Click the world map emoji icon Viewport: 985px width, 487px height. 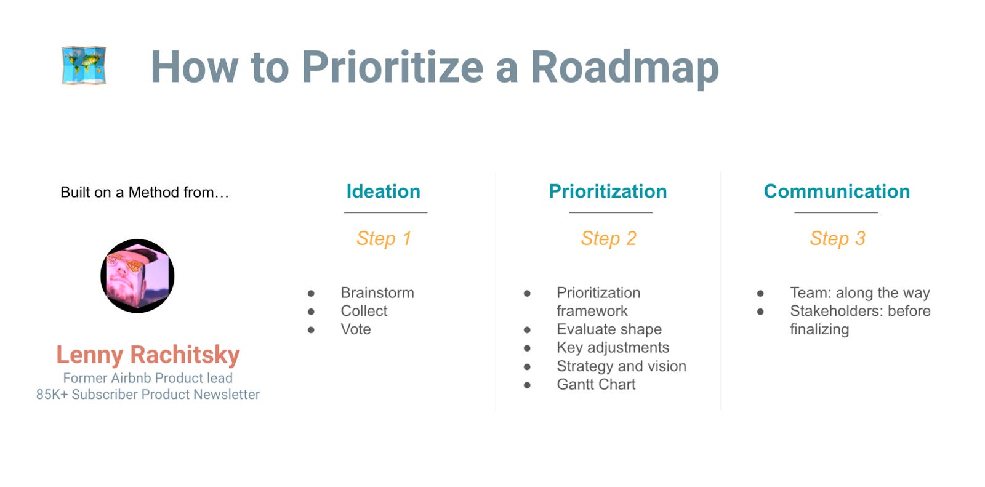point(84,65)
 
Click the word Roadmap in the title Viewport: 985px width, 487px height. point(624,67)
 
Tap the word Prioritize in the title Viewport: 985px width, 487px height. point(392,67)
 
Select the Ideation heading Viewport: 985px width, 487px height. point(383,191)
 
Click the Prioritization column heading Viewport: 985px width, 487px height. point(608,191)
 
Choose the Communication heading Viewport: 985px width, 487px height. point(837,191)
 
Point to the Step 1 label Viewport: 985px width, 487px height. point(384,238)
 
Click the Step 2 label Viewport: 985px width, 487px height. point(608,238)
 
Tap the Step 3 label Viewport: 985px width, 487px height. point(837,238)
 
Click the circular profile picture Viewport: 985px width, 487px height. point(137,276)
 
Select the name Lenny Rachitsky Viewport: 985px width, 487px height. point(148,355)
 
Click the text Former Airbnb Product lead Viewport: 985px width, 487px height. point(148,378)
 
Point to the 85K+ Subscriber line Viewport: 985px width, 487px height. point(148,395)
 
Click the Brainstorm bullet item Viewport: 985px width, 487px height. point(377,292)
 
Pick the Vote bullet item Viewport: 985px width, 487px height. point(356,329)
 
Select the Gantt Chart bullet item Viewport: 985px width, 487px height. point(596,384)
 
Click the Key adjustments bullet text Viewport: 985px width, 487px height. point(613,348)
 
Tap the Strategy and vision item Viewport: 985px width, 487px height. point(621,366)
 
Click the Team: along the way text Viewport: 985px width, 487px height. point(859,293)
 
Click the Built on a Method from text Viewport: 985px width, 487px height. point(145,192)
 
